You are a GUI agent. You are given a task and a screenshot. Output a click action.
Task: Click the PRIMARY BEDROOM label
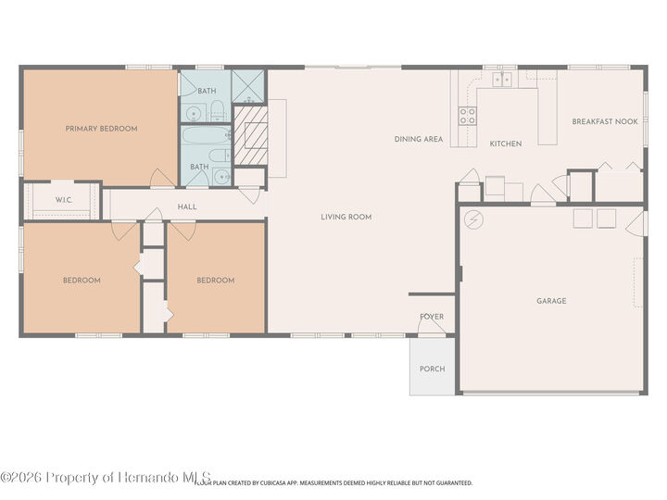(101, 129)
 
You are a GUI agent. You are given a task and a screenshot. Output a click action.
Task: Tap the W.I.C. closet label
(64, 200)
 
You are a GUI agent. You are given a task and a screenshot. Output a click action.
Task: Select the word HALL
(186, 206)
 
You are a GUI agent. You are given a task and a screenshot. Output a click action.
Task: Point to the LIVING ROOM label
(346, 217)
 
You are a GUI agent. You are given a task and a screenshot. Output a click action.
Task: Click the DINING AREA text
(419, 139)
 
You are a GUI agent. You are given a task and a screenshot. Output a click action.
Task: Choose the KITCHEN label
(506, 144)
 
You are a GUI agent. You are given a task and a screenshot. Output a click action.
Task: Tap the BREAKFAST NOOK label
(604, 121)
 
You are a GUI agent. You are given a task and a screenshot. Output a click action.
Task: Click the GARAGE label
(551, 301)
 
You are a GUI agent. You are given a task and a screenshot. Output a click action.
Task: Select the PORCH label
(432, 369)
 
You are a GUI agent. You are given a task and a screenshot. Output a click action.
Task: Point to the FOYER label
(432, 317)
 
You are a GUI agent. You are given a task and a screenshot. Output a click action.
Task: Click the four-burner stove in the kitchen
(468, 115)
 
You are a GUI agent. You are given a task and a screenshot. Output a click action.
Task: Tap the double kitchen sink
(501, 80)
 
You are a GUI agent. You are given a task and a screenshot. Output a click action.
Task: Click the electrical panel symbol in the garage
(474, 219)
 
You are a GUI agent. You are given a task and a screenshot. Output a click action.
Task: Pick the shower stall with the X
(248, 85)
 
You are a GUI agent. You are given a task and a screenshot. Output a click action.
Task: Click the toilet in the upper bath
(217, 112)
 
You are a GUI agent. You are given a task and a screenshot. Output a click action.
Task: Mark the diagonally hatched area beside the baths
(250, 135)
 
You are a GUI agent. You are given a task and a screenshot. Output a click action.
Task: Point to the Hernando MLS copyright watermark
(107, 476)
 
